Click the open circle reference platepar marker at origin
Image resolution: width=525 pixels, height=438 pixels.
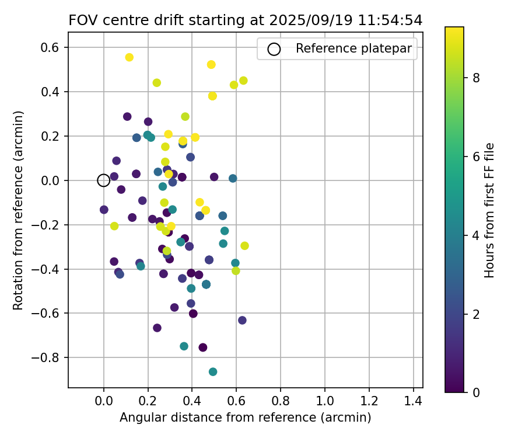click(103, 180)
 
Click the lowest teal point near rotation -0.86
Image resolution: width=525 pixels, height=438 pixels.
click(213, 371)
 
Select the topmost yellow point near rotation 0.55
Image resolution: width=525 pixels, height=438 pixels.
click(129, 57)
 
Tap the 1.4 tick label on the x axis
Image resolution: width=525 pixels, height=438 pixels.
click(414, 402)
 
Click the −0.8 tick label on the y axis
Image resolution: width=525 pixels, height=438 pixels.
click(49, 357)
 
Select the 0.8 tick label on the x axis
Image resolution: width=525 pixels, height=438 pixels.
click(281, 402)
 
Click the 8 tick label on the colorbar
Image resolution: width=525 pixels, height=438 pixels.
click(475, 78)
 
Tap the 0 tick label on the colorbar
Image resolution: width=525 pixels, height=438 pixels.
click(475, 392)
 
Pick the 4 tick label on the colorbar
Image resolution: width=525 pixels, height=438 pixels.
click(475, 235)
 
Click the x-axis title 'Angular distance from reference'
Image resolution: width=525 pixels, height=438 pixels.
click(245, 418)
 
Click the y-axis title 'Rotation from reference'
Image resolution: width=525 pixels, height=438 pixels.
click(19, 210)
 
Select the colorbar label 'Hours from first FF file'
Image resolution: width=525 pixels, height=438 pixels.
click(490, 210)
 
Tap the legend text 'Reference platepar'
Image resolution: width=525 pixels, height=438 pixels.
click(353, 48)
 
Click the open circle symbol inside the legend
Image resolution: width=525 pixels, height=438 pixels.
click(274, 49)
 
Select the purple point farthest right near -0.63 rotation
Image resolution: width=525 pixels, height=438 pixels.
click(242, 320)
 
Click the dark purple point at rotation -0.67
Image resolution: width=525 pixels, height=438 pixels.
click(157, 328)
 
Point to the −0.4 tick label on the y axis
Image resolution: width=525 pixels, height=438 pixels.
click(49, 269)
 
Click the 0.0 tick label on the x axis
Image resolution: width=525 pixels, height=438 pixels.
click(103, 402)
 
